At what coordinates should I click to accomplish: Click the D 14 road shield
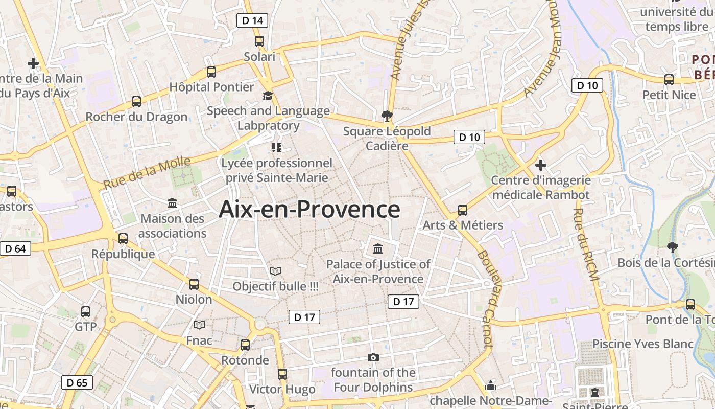pyautogui.click(x=252, y=20)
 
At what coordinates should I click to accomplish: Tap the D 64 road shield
pyautogui.click(x=15, y=249)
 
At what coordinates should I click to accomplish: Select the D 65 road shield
pyautogui.click(x=77, y=382)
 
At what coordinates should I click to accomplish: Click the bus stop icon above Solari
pyautogui.click(x=259, y=41)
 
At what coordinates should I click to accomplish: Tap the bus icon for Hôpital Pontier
pyautogui.click(x=211, y=72)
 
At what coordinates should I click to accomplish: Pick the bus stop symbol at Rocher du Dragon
pyautogui.click(x=136, y=102)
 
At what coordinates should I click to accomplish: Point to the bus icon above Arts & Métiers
pyautogui.click(x=463, y=210)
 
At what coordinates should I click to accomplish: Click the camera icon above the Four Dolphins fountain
pyautogui.click(x=373, y=357)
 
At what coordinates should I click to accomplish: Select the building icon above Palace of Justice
pyautogui.click(x=378, y=249)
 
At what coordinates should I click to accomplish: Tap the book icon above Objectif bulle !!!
pyautogui.click(x=275, y=271)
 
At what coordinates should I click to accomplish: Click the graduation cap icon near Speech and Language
pyautogui.click(x=268, y=96)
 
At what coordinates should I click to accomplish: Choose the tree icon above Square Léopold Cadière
pyautogui.click(x=387, y=116)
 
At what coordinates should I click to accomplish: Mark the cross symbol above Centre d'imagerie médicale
pyautogui.click(x=540, y=165)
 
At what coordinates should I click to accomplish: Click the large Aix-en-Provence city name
pyautogui.click(x=309, y=210)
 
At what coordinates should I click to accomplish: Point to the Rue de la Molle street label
pyautogui.click(x=147, y=173)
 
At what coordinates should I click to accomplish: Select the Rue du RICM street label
pyautogui.click(x=585, y=244)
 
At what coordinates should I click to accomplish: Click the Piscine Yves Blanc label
pyautogui.click(x=643, y=344)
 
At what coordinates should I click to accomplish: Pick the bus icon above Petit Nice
pyautogui.click(x=669, y=80)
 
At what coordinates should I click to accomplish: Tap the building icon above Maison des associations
pyautogui.click(x=172, y=203)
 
